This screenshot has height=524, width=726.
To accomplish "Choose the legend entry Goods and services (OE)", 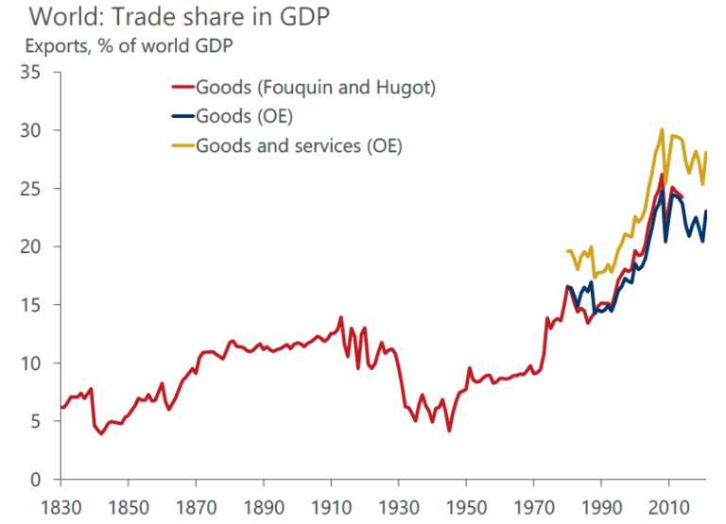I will pos(299,146).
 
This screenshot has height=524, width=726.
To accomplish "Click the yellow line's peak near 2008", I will pos(662,129).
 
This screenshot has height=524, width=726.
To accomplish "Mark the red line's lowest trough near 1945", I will pos(449,431).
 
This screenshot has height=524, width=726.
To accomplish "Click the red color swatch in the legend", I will pos(180,88).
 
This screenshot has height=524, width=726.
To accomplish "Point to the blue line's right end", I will pos(706,211).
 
